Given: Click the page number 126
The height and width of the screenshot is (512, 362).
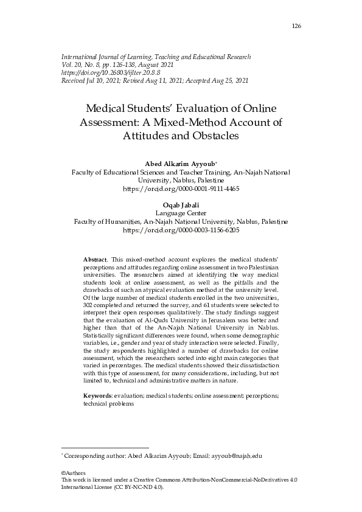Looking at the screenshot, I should (297, 26).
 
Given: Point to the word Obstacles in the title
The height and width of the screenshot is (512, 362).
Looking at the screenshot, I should (211, 136).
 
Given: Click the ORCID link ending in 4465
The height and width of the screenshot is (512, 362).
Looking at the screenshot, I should (181, 189).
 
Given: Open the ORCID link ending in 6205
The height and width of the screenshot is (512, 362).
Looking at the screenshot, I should (181, 231).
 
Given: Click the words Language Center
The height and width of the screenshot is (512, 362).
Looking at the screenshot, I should (181, 214).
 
